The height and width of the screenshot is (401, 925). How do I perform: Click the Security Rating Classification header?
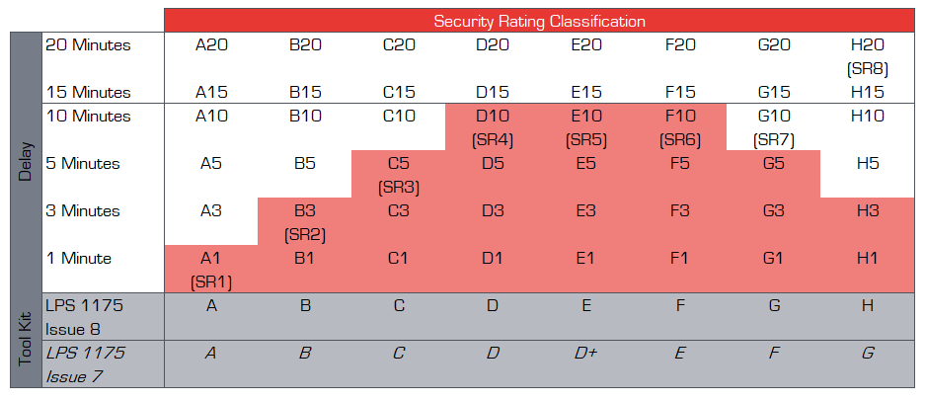[x=540, y=20]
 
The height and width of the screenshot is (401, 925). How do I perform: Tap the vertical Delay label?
[x=25, y=163]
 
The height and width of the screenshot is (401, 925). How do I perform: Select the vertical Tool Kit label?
[x=25, y=340]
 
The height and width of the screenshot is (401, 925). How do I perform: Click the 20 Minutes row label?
[x=88, y=44]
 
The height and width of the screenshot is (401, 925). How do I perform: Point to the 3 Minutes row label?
[x=84, y=210]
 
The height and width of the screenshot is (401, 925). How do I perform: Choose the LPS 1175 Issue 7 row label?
[x=84, y=363]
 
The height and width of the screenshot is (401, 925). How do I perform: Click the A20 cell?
[x=210, y=44]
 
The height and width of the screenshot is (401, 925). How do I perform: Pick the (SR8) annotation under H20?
[x=868, y=69]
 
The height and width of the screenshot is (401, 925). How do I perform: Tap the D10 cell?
[x=493, y=117]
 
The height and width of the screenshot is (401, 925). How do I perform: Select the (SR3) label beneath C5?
[x=399, y=188]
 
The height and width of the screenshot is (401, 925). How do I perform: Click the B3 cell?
[x=305, y=210]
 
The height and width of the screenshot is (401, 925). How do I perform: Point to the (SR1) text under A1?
[x=210, y=282]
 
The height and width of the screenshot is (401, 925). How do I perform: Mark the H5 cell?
[x=868, y=164]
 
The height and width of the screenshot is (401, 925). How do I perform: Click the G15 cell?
[x=773, y=92]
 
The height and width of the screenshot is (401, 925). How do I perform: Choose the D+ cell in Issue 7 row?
[x=586, y=353]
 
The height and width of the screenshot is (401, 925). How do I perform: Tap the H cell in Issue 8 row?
[x=868, y=305]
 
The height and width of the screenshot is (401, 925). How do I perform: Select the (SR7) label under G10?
[x=773, y=140]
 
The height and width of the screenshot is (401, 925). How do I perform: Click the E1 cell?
[x=586, y=259]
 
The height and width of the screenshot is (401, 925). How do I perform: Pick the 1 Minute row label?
[x=78, y=259]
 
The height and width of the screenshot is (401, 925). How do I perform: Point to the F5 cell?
[x=679, y=164]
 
